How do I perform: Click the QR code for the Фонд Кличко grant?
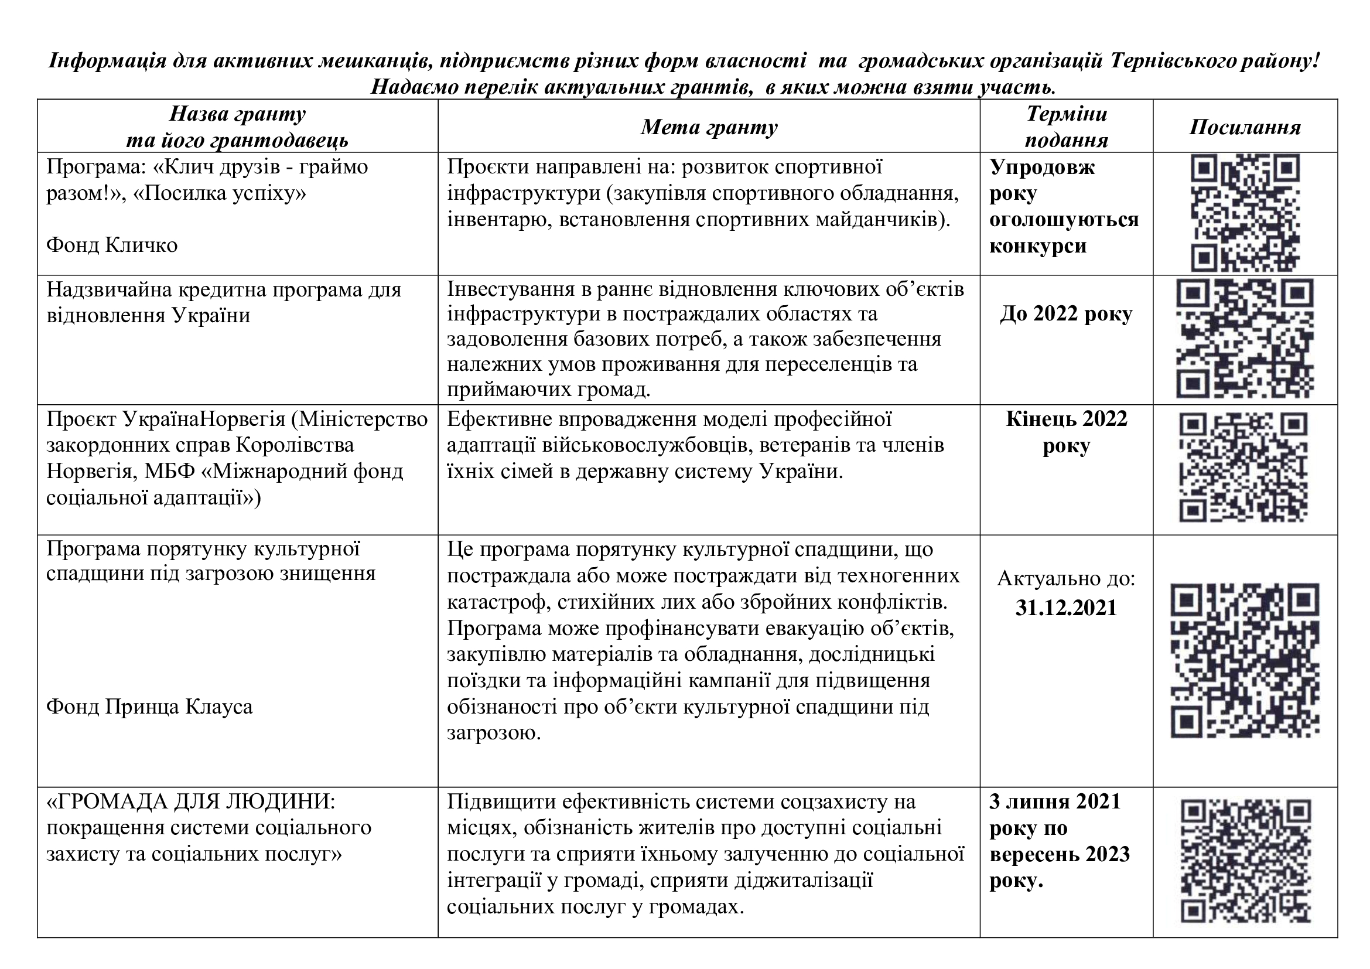tap(1245, 213)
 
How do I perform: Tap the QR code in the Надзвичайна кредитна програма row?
tap(1245, 339)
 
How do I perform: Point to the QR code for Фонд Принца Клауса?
tap(1245, 660)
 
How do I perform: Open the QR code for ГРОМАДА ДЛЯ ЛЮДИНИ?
tap(1246, 861)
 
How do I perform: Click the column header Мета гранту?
tap(709, 127)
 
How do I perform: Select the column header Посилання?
tap(1245, 127)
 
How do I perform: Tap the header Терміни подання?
tap(1066, 127)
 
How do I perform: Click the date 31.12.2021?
tap(1065, 608)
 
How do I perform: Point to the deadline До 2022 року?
tap(1065, 314)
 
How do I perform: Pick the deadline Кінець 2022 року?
tap(1066, 432)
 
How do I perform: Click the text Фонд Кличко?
tap(112, 245)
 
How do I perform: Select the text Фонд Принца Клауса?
tap(149, 707)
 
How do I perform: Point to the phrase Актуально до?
tap(1065, 578)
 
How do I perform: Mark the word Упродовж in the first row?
tap(1042, 167)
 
